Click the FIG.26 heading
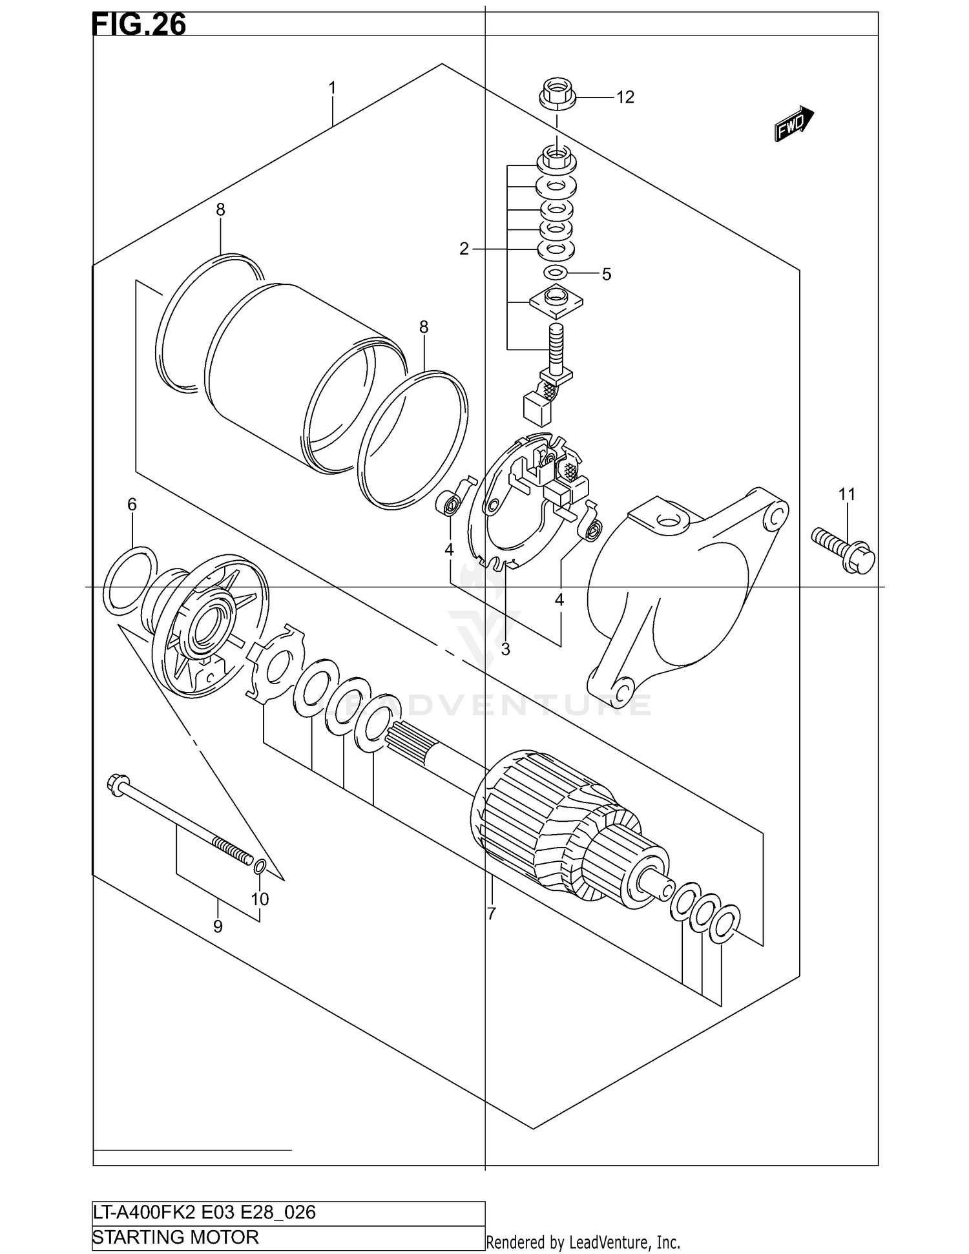coord(140,24)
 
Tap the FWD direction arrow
coord(794,123)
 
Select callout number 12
coord(625,98)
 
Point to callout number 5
coord(606,275)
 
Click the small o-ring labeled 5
coord(556,272)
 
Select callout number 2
coord(464,249)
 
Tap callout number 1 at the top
coord(332,87)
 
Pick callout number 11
coord(846,494)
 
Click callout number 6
coord(132,505)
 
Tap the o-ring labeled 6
coord(130,578)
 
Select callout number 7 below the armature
coord(491,914)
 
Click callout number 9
coord(218,926)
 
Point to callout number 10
coord(260,899)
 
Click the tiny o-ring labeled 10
coord(259,866)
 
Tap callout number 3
coord(505,649)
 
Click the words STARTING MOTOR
coord(176,1237)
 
